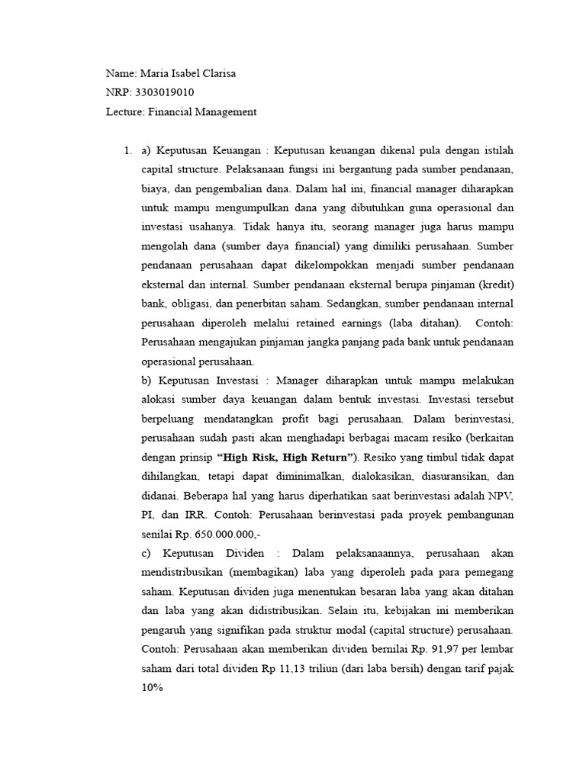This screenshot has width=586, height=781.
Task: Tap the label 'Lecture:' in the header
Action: point(124,112)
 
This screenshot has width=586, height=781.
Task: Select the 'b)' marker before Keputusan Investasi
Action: point(147,380)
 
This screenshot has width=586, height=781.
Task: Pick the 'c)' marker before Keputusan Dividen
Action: point(146,552)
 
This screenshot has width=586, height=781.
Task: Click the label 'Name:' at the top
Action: point(121,74)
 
